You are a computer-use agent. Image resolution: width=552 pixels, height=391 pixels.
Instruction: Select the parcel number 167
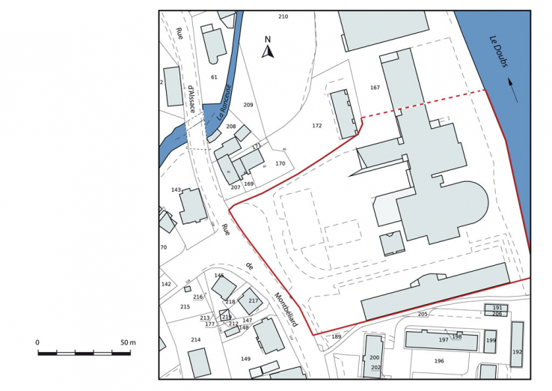(375, 88)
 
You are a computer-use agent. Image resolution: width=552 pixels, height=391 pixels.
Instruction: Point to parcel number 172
(317, 126)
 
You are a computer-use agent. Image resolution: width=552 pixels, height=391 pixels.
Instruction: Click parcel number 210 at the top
(283, 16)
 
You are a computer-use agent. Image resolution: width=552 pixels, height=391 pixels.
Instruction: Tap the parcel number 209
(248, 105)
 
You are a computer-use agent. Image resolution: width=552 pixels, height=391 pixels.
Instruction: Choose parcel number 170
(280, 163)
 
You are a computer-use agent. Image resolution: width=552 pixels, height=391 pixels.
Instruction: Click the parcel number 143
(176, 190)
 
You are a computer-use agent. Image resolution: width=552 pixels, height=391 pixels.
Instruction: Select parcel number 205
(423, 314)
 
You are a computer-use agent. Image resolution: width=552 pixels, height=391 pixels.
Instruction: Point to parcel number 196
(439, 361)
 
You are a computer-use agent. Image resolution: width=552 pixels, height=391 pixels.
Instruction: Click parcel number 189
(337, 337)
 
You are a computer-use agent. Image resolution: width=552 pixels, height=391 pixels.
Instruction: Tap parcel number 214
(195, 340)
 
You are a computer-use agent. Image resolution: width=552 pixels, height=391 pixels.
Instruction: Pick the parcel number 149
(245, 359)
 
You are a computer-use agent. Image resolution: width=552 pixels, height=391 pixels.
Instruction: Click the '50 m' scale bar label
(127, 342)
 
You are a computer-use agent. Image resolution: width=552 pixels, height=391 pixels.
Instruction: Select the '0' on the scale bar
(37, 342)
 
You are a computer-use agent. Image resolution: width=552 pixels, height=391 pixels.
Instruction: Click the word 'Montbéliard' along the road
(286, 309)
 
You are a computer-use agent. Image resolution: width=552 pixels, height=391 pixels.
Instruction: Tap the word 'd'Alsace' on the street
(191, 100)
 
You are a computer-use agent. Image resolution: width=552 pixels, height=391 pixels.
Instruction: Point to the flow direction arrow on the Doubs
(512, 85)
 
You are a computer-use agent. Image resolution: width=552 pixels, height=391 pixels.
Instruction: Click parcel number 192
(517, 352)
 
